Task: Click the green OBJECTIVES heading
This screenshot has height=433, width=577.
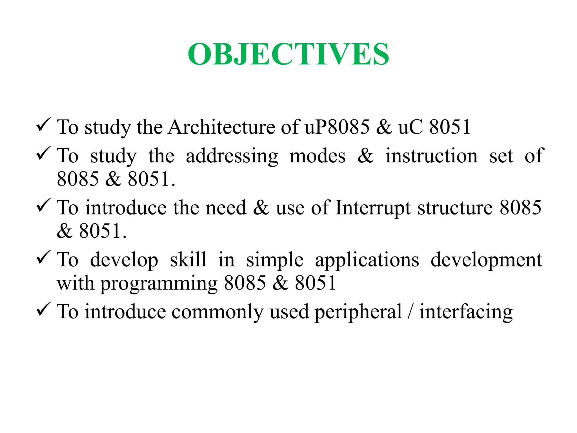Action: point(288,54)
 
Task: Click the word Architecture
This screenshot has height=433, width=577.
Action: point(221,127)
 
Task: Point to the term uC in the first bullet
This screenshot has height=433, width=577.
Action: point(410,127)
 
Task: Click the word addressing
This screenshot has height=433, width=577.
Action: point(232,156)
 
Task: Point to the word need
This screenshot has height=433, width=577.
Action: point(226,208)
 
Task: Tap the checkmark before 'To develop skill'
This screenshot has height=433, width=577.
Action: point(43,257)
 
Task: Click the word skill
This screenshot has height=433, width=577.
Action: point(188,260)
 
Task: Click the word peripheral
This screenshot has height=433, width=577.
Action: point(358,312)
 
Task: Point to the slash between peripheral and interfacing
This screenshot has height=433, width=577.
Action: point(410,312)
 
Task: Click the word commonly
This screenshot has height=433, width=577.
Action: point(217,312)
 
